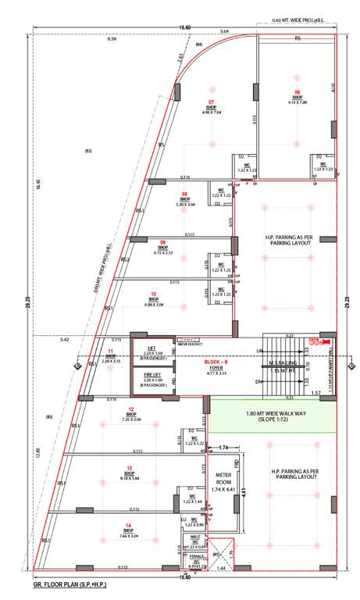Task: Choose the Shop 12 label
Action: [130, 409]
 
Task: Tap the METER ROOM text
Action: [223, 481]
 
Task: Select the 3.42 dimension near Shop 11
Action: [64, 340]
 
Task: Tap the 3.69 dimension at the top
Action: [225, 31]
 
